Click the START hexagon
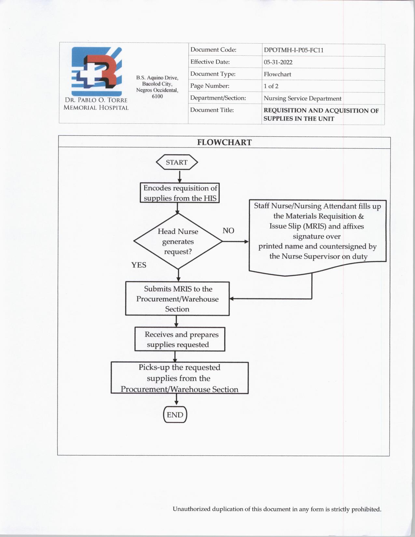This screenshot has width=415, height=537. tap(177, 162)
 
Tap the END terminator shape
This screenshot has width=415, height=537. tap(175, 415)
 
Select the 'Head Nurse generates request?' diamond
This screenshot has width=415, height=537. tap(178, 241)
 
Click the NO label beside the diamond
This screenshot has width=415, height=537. tap(228, 231)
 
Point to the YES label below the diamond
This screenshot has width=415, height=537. tap(139, 265)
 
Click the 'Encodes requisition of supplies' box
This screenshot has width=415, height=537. tap(180, 193)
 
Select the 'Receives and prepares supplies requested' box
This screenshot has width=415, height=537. tap(180, 339)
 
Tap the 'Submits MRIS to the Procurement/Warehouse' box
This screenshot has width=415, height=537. tap(177, 299)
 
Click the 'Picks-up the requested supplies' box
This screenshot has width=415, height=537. tap(179, 378)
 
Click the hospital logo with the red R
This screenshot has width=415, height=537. tap(97, 72)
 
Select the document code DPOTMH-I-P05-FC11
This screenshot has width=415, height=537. tap(293, 50)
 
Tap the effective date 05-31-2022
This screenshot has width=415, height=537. tap(278, 62)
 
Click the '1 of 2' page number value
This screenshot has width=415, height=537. tap(271, 86)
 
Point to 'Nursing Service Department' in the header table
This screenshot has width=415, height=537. tap(302, 98)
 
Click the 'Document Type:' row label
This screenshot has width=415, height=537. tap(213, 74)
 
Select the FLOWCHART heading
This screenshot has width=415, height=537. tap(224, 142)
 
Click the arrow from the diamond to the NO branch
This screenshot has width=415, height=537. tap(235, 241)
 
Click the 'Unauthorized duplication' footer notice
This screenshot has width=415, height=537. tap(277, 509)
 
